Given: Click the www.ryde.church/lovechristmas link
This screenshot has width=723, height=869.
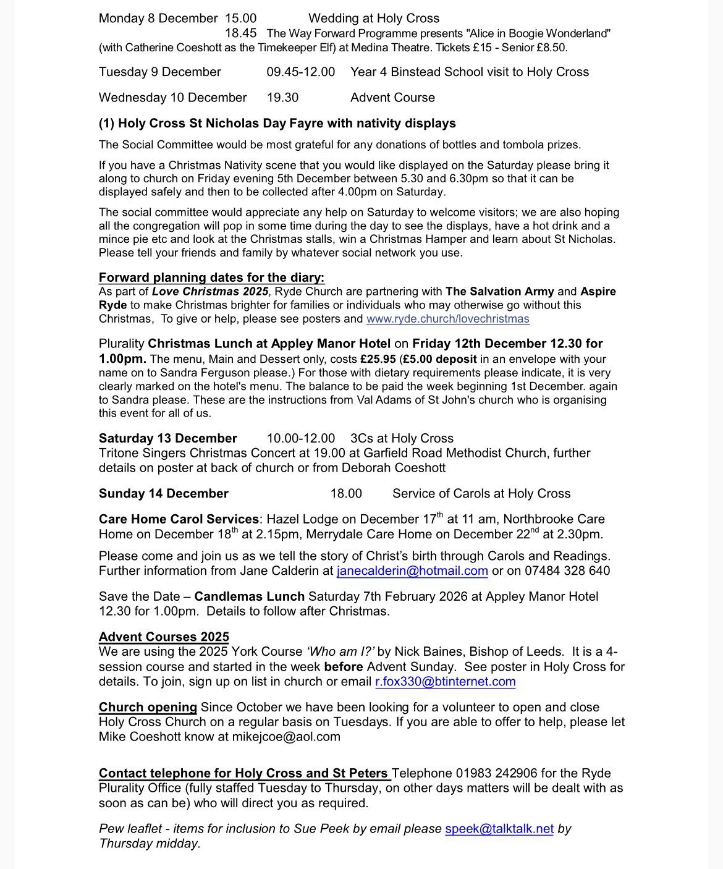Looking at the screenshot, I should click(447, 319).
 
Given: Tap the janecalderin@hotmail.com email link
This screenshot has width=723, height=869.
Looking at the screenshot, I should click(412, 570).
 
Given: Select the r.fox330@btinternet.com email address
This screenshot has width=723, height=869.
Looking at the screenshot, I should click(445, 682).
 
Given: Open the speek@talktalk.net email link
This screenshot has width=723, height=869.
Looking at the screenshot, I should click(499, 829).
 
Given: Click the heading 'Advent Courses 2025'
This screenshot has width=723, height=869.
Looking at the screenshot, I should click(164, 637).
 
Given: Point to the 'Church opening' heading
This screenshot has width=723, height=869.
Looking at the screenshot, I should click(148, 707).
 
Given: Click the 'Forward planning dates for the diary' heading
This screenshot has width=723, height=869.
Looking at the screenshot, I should click(211, 278).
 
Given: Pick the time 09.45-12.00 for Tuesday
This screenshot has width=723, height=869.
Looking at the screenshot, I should click(300, 72).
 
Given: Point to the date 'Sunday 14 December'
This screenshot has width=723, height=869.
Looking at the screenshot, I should click(164, 494).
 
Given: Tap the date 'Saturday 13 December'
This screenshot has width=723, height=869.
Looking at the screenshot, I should click(167, 438).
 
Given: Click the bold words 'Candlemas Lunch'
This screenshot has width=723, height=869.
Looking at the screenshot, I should click(249, 596).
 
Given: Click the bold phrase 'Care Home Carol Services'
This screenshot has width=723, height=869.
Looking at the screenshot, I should click(179, 519).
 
